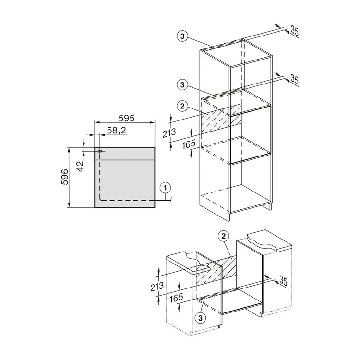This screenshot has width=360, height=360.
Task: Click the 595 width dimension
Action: point(126,118)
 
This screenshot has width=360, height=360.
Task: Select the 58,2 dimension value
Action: point(117,131)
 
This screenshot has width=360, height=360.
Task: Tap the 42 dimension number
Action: point(79,166)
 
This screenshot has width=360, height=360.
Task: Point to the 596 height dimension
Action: point(65,177)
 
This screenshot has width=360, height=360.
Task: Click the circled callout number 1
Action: point(165,188)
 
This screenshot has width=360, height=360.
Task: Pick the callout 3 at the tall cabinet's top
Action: point(182,36)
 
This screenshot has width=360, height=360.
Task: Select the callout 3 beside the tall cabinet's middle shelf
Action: point(182,85)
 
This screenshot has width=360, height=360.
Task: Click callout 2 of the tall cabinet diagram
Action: point(182,106)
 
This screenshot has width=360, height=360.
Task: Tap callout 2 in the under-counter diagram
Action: point(224,237)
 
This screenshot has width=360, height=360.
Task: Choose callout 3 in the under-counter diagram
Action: point(201,318)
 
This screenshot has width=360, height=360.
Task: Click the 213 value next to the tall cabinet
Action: point(169,133)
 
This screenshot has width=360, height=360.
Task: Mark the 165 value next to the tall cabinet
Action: point(189,144)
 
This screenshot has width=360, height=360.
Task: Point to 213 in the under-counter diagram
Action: point(157,287)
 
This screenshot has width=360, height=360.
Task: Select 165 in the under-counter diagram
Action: point(176,298)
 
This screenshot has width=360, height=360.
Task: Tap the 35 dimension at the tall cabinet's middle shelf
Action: point(295,79)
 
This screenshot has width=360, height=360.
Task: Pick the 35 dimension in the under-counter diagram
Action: point(283,281)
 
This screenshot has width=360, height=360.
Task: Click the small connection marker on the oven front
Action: point(100,151)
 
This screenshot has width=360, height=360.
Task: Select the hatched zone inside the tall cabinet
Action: point(221,120)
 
